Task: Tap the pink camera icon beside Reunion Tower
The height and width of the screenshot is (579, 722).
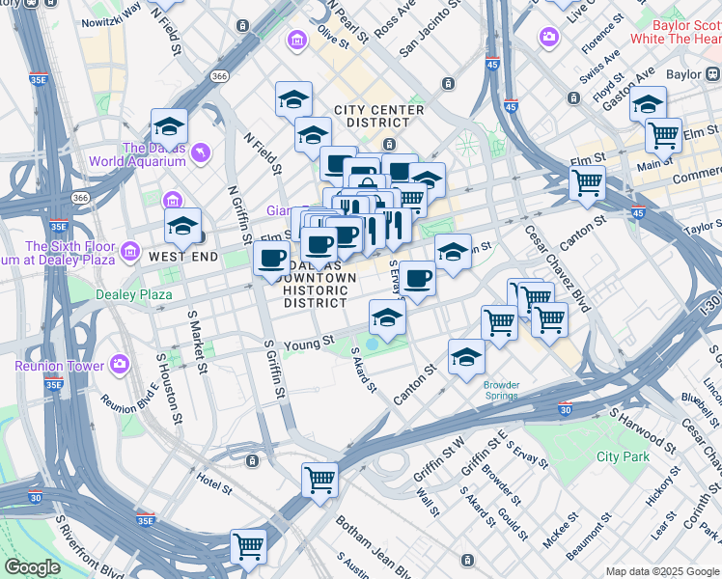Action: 119,365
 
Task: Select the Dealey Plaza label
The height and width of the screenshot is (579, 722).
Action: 133,293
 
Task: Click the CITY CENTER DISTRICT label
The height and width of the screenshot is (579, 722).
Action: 379,116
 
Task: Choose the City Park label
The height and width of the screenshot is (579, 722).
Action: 623,456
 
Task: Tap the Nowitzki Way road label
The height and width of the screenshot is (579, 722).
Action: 111,13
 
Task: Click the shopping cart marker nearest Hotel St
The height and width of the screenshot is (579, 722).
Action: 319,478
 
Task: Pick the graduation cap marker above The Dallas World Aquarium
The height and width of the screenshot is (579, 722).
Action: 169,125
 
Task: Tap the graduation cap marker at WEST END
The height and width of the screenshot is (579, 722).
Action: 181,227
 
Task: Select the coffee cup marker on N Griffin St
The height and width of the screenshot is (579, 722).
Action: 271,258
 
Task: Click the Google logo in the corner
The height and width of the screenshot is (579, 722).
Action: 32,567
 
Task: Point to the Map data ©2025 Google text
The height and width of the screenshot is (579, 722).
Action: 661,571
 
